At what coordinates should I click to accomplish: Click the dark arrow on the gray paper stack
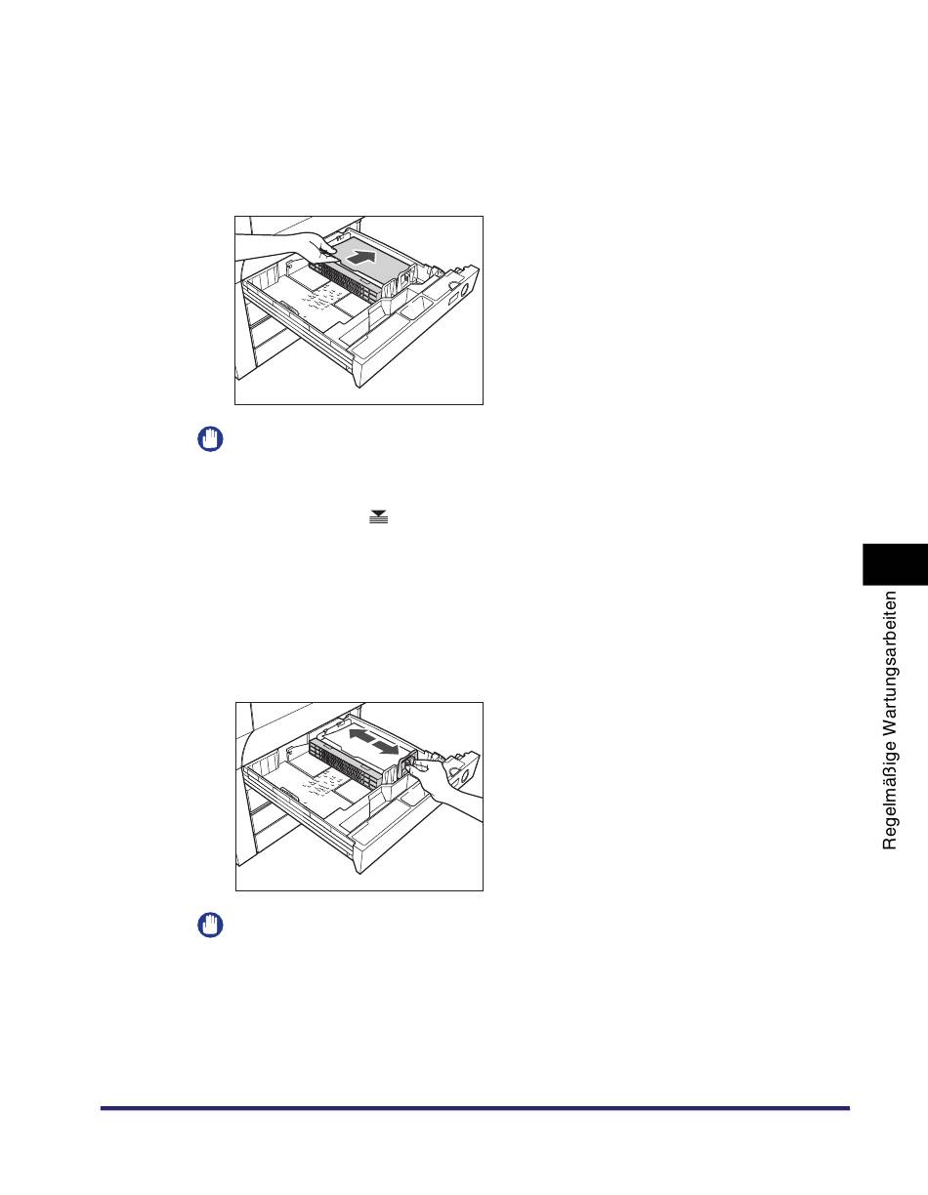coord(362,257)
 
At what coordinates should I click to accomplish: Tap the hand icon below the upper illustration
coord(210,438)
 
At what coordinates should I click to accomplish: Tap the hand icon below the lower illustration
coord(210,925)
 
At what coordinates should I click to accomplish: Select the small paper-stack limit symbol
coord(378,516)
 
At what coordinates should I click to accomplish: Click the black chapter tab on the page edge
coord(895,564)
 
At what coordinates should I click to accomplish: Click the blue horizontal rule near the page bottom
coord(476,1108)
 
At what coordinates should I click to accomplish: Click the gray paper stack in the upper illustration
coord(365,258)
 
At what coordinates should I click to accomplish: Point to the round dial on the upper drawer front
coord(464,288)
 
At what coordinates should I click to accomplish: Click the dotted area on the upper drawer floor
coord(321,298)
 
